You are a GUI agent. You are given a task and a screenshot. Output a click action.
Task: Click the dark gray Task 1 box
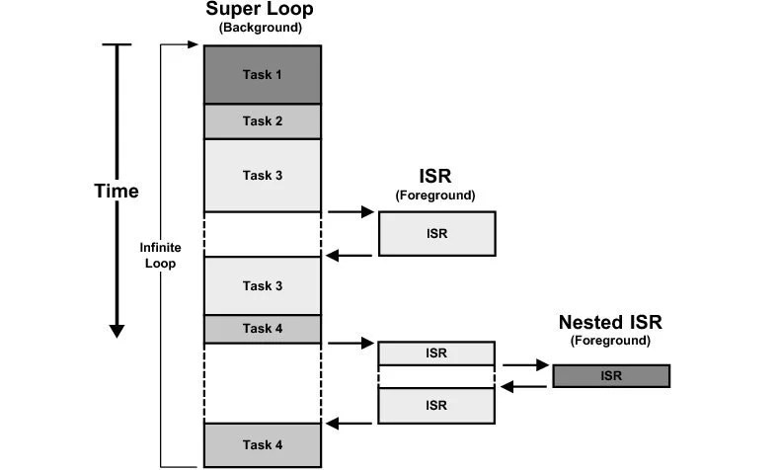(x=263, y=74)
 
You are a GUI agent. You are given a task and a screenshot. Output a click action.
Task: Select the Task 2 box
(x=263, y=121)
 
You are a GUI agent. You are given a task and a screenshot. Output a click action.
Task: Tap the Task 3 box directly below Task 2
(x=263, y=175)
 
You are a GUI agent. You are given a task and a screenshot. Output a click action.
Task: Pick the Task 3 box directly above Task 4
(x=263, y=285)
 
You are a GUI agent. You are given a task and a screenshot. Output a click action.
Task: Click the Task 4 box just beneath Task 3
(x=263, y=329)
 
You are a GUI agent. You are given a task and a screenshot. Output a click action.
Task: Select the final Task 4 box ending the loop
(x=263, y=444)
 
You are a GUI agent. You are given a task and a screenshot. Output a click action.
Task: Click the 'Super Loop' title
(x=261, y=10)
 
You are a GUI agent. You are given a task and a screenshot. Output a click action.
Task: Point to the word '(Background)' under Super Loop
(x=261, y=29)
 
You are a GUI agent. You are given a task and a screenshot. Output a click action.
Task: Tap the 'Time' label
(x=117, y=191)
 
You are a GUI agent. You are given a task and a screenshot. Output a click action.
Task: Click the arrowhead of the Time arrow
(x=117, y=329)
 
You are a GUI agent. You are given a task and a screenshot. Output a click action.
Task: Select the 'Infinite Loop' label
(x=160, y=256)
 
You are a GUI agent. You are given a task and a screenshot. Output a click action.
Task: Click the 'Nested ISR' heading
(x=609, y=322)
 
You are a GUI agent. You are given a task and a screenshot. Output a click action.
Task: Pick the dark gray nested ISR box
(x=611, y=376)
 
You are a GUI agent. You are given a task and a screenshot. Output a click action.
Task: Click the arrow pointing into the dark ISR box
(x=525, y=365)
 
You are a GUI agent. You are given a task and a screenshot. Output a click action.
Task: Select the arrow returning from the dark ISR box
(x=525, y=386)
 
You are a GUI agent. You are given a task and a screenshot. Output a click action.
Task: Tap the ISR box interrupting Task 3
(x=436, y=234)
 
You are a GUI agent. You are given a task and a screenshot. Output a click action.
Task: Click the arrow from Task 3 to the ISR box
(x=351, y=211)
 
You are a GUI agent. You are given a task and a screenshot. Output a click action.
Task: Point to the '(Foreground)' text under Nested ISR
(x=609, y=341)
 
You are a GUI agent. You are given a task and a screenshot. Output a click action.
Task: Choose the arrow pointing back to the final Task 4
(x=350, y=424)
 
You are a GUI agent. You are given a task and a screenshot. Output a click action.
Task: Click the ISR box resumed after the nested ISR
(x=436, y=405)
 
